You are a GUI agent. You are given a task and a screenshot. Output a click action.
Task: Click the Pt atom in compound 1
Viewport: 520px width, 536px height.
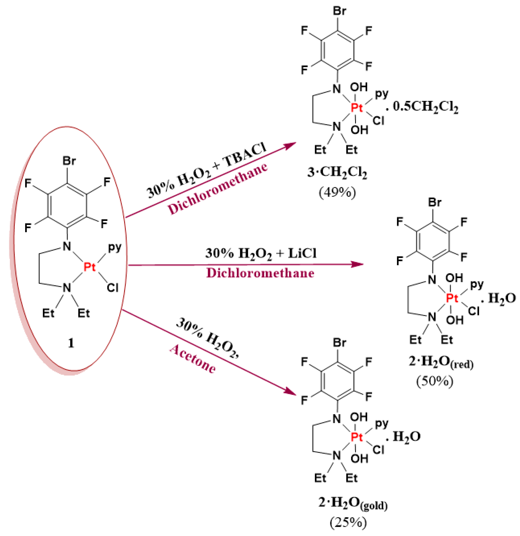(90, 267)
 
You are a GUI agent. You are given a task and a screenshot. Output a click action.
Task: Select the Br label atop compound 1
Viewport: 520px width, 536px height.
(69, 161)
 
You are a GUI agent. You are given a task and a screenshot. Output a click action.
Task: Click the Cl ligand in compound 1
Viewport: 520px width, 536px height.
(112, 288)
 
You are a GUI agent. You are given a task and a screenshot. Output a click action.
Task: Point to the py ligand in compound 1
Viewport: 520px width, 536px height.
(115, 247)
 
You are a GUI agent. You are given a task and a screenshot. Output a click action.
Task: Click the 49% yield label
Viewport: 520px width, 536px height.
(337, 192)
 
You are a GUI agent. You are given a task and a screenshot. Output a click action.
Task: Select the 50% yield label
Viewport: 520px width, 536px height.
(435, 381)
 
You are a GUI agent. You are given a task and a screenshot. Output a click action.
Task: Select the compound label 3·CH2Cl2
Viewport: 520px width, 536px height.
(337, 172)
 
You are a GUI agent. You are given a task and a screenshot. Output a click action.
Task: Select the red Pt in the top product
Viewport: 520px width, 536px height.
(357, 108)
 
